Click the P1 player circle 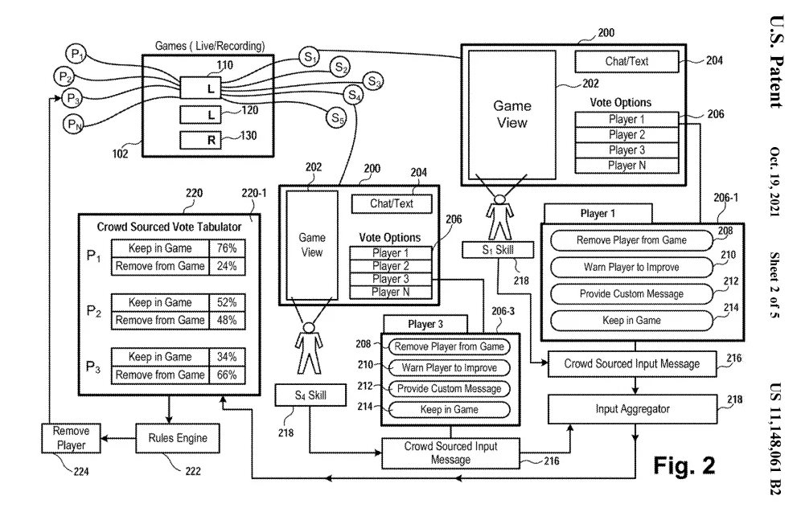tap(76, 55)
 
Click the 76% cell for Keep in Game tap(227, 249)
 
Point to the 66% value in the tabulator tap(227, 375)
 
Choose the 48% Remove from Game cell tap(227, 320)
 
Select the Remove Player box tap(71, 437)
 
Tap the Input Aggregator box tap(631, 409)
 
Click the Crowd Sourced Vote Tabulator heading tap(169, 227)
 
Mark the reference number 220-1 tap(244, 193)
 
